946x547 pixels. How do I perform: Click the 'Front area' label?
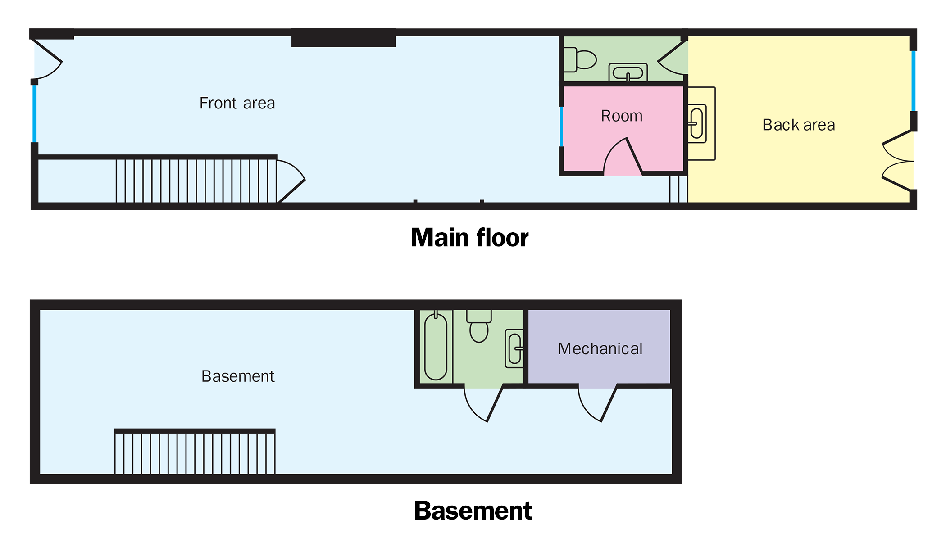[237, 103]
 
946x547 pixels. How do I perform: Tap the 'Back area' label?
[798, 125]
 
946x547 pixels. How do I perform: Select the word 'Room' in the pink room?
[622, 116]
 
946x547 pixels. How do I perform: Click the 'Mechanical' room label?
[600, 349]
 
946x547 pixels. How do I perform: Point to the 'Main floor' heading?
[469, 238]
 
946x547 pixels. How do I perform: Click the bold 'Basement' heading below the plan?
[473, 511]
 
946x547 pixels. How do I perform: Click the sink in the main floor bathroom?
[628, 72]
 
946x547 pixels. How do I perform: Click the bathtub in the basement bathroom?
[436, 347]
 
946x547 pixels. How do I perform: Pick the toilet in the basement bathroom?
[479, 326]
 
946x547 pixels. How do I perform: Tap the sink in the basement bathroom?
[514, 348]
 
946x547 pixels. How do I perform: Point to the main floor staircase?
[196, 181]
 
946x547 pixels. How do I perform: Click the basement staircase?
[195, 452]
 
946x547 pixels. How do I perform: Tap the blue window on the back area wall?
[913, 81]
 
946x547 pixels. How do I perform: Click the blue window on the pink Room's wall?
[561, 127]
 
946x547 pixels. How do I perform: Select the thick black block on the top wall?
[343, 38]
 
